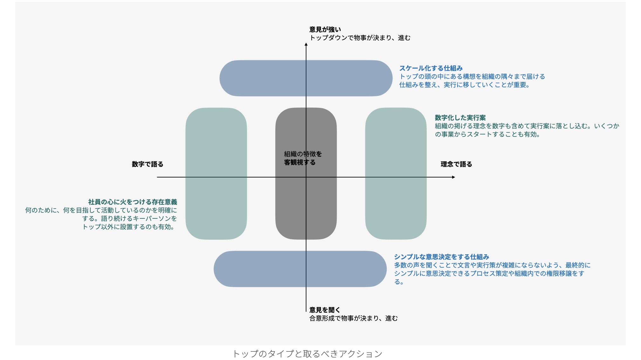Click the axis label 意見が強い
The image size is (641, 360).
click(325, 30)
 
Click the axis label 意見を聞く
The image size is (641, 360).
click(325, 310)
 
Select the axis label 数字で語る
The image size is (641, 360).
click(148, 164)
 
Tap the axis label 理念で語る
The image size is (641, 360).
click(456, 164)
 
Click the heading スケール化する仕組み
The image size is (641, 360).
click(431, 68)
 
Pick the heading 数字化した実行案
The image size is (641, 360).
click(460, 118)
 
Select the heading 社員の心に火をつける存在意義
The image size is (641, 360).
click(133, 202)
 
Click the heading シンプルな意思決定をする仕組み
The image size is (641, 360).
click(442, 257)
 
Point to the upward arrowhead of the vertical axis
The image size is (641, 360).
click(306, 44)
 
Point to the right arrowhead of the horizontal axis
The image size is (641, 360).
click(454, 177)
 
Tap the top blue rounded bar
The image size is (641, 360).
click(261, 78)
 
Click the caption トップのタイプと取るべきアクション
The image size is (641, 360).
click(307, 354)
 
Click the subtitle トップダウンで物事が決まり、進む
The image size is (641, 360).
click(360, 38)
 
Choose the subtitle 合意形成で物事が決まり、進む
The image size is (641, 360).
click(353, 318)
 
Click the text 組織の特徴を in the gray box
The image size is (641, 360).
click(303, 154)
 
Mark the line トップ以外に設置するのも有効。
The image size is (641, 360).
click(128, 227)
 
